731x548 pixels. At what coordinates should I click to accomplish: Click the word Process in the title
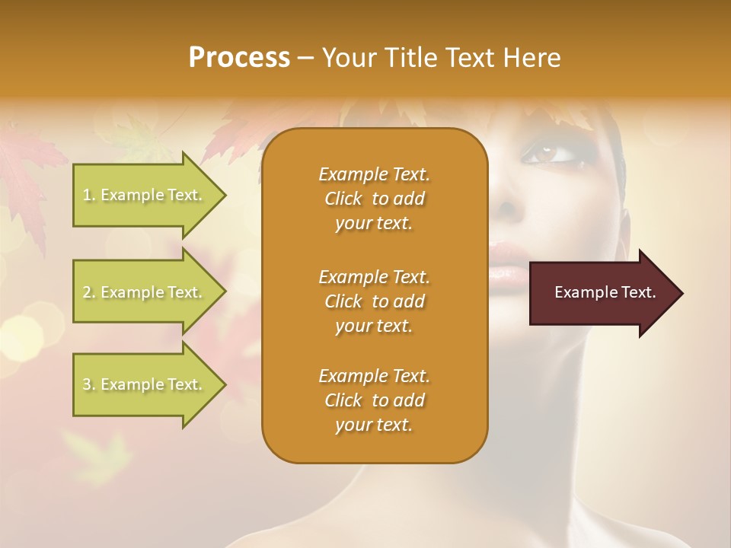tap(239, 58)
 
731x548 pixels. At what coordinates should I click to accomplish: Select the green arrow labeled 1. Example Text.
tap(145, 195)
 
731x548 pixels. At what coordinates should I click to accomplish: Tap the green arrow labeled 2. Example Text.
tap(145, 292)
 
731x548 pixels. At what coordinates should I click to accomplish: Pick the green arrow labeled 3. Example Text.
tap(145, 384)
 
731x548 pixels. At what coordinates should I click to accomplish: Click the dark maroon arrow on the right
tap(602, 293)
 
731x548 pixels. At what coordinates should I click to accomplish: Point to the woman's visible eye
tap(545, 155)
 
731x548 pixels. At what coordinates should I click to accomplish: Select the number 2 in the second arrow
tap(87, 292)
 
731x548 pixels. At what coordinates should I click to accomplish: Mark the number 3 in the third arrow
tap(87, 384)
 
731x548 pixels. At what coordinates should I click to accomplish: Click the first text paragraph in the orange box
tap(374, 199)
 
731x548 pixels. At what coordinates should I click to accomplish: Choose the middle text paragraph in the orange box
tap(374, 301)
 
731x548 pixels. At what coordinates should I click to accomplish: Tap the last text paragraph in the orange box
tap(374, 400)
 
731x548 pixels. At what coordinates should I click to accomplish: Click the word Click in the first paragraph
tap(343, 199)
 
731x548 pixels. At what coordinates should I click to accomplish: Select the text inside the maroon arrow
tap(605, 292)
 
